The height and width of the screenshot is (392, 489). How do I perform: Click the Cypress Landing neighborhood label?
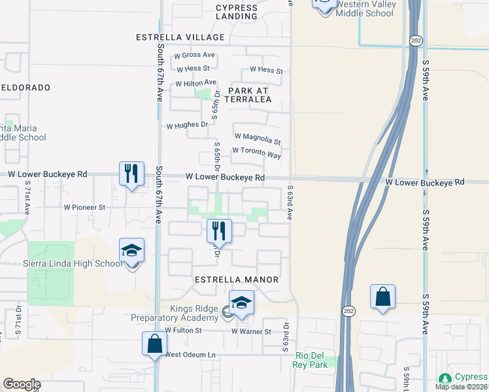point(237,12)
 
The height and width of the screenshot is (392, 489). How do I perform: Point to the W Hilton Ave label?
point(195,83)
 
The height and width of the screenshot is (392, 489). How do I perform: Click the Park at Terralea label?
point(249,95)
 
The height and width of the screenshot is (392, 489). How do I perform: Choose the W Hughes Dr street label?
point(187,125)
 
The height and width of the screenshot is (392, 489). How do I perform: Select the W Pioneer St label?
point(84,207)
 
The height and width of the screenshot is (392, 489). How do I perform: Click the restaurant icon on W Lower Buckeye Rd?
point(131,173)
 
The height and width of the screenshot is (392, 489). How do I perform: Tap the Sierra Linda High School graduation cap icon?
point(131,250)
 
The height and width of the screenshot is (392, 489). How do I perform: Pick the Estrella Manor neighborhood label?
point(237,280)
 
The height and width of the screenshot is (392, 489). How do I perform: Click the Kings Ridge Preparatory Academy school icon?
point(241,302)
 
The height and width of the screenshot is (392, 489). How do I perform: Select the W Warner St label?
point(251,332)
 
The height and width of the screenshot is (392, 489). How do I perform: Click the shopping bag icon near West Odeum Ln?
point(154,344)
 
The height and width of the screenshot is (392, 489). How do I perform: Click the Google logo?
point(22,384)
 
